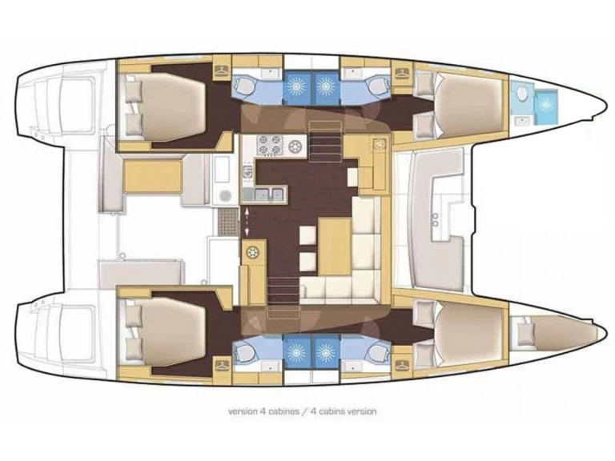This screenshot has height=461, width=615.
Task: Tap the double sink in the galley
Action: point(268,192)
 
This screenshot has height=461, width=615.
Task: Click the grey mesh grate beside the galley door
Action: point(228,218)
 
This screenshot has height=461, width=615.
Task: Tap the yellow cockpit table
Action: point(152,175)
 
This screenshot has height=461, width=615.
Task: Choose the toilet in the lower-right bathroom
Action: point(372,350)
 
